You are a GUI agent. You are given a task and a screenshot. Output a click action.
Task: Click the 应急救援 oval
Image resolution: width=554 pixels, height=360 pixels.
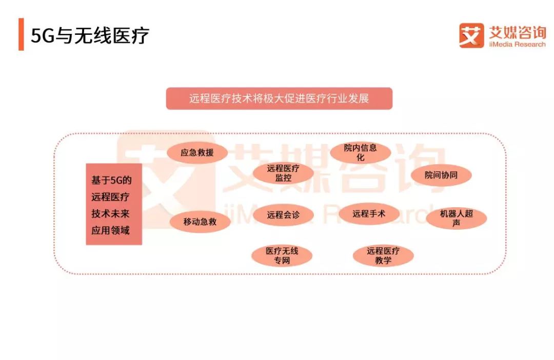coord(197,153)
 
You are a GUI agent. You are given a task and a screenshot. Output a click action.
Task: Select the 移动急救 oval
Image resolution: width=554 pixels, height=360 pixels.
coord(200,222)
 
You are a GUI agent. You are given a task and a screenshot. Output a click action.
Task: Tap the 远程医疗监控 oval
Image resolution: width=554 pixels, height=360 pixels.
coord(283,173)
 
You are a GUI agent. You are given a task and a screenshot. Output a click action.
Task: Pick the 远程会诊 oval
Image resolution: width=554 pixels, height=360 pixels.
coord(283,215)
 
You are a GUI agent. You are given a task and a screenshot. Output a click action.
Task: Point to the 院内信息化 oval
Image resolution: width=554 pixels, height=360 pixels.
coord(361,153)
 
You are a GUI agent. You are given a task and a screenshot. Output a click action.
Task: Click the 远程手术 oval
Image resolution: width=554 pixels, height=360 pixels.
coord(369,214)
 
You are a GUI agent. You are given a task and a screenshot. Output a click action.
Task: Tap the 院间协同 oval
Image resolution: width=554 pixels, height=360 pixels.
coord(441,175)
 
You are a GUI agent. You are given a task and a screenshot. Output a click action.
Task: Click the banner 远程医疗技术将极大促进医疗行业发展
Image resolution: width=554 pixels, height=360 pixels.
coord(279,98)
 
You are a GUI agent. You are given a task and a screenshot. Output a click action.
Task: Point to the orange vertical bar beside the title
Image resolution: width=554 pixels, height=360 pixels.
coord(21,35)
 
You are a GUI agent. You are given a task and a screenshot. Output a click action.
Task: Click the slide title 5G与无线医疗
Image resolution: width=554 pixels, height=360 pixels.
coord(90,36)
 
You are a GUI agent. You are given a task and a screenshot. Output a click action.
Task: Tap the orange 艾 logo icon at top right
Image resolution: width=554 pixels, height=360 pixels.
coord(471,35)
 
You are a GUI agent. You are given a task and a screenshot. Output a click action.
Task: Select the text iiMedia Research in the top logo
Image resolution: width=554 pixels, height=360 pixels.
coord(516,45)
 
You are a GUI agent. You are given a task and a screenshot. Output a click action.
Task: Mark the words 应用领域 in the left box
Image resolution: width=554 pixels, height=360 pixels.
coord(110,230)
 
